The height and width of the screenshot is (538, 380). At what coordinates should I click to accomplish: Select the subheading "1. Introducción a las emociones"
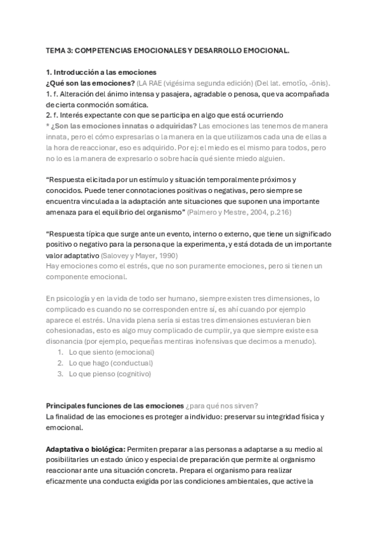[101, 72]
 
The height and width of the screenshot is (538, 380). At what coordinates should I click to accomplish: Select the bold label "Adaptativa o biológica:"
[86, 449]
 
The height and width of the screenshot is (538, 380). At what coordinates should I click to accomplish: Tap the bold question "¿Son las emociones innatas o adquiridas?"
[124, 125]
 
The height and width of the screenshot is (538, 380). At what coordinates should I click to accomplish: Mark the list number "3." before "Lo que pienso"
[61, 374]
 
